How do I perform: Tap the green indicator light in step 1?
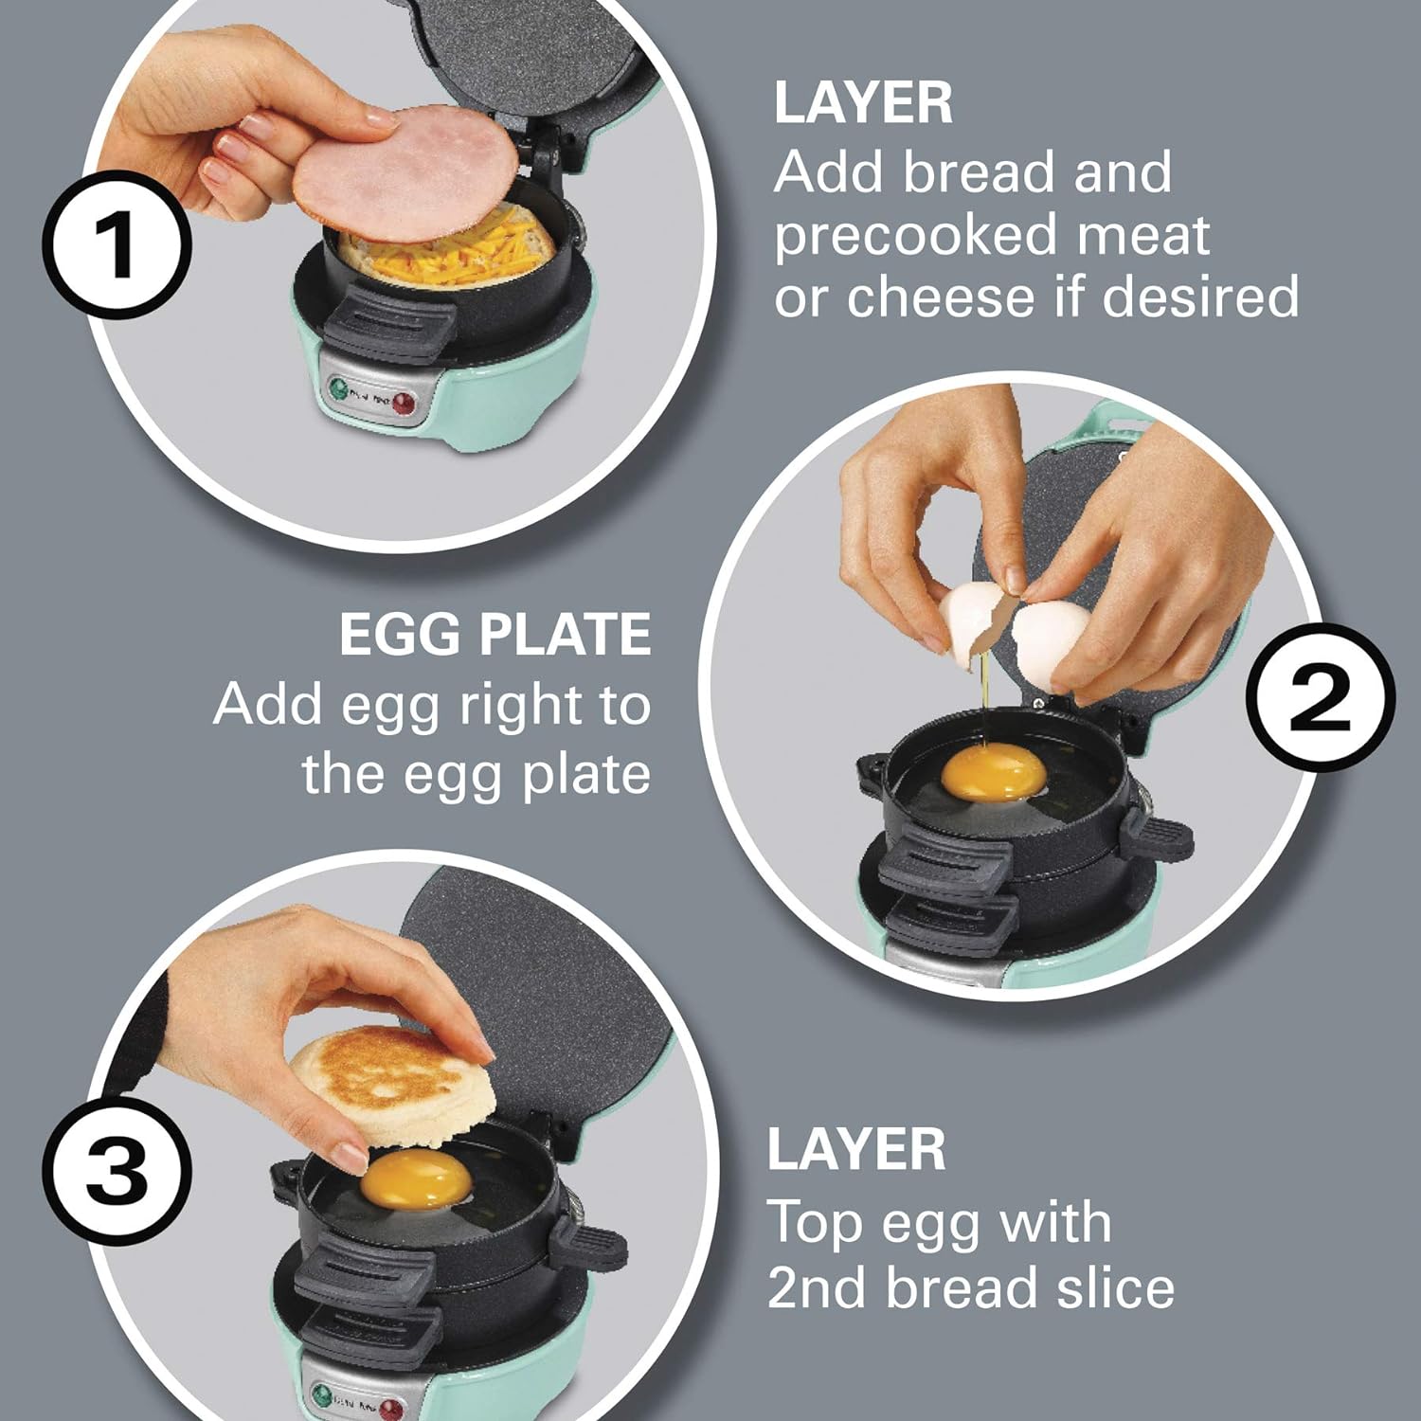(x=338, y=389)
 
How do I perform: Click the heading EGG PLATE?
(x=495, y=635)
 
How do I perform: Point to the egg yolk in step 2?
(x=993, y=770)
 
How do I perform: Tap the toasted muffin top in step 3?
(x=393, y=1085)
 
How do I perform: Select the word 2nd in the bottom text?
(x=818, y=1288)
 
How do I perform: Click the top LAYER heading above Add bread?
(x=862, y=103)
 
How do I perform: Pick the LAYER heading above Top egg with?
(x=855, y=1149)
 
